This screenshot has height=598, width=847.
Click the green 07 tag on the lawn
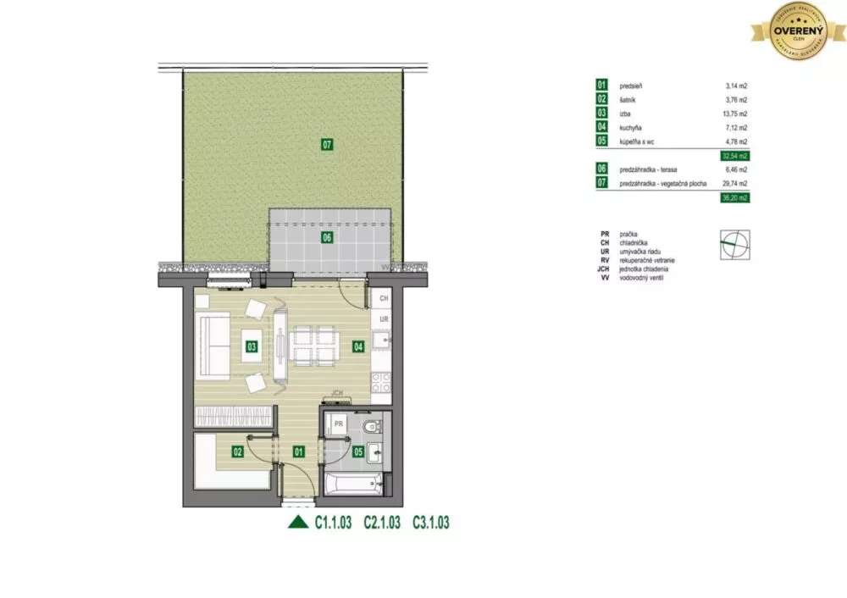point(327,145)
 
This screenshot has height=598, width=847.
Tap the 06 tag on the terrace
point(327,238)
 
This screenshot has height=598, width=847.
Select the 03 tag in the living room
point(252,346)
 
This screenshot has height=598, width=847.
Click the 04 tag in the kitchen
point(357,346)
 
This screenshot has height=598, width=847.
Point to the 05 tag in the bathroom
point(358,451)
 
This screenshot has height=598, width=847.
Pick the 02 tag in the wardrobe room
point(238,451)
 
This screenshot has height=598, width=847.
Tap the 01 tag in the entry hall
point(298,451)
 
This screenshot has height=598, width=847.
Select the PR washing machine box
point(338,424)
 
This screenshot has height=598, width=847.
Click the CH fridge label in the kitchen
point(384,299)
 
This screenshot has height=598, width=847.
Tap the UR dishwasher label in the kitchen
point(384,319)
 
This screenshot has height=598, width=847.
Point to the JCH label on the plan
point(339,393)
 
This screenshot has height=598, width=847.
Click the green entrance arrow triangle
point(298,523)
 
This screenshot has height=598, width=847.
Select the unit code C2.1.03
point(381,523)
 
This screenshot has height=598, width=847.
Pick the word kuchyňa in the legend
point(633,127)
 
